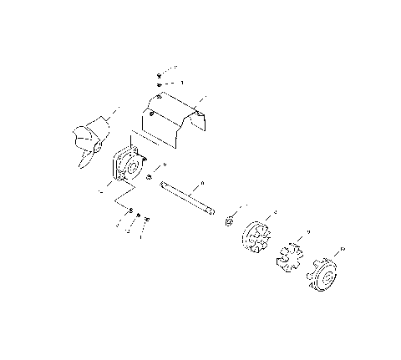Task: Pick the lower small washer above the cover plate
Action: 158,85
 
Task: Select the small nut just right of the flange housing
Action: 148,178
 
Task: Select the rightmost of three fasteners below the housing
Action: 147,219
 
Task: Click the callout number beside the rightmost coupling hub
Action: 343,248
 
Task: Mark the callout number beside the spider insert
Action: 309,231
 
